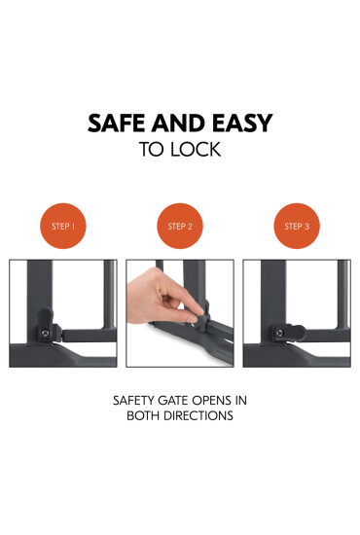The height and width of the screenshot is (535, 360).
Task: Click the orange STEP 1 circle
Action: [x=63, y=226]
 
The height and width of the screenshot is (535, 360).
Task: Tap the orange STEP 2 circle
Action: [x=180, y=226]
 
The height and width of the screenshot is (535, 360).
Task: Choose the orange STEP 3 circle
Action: [x=297, y=226]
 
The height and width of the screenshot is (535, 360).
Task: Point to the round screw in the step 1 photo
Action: [x=45, y=332]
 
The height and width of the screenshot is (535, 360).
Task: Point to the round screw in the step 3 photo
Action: [x=279, y=332]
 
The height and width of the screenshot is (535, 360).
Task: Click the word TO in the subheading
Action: [x=152, y=151]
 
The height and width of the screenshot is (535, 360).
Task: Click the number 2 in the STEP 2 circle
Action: [x=191, y=226]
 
